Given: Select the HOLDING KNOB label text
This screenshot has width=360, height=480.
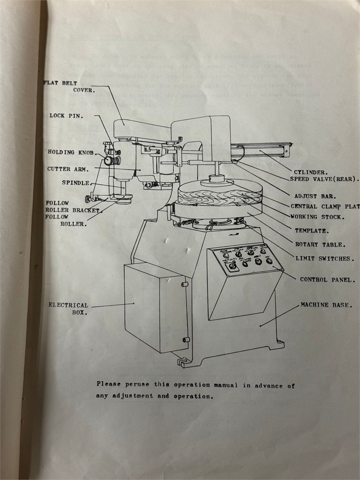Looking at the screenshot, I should click(70, 152).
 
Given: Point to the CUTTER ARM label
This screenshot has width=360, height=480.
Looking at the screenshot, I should click(67, 169).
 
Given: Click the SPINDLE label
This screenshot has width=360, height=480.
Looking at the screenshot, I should click(76, 183).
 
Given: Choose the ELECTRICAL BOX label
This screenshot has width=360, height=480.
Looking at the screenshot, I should click(68, 308).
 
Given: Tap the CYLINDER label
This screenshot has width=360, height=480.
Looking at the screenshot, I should click(311, 171).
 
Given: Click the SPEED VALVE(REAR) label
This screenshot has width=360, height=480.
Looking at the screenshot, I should click(324, 179).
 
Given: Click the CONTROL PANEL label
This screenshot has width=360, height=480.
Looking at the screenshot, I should click(327, 279).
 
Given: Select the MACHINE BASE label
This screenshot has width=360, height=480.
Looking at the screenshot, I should click(326, 305).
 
